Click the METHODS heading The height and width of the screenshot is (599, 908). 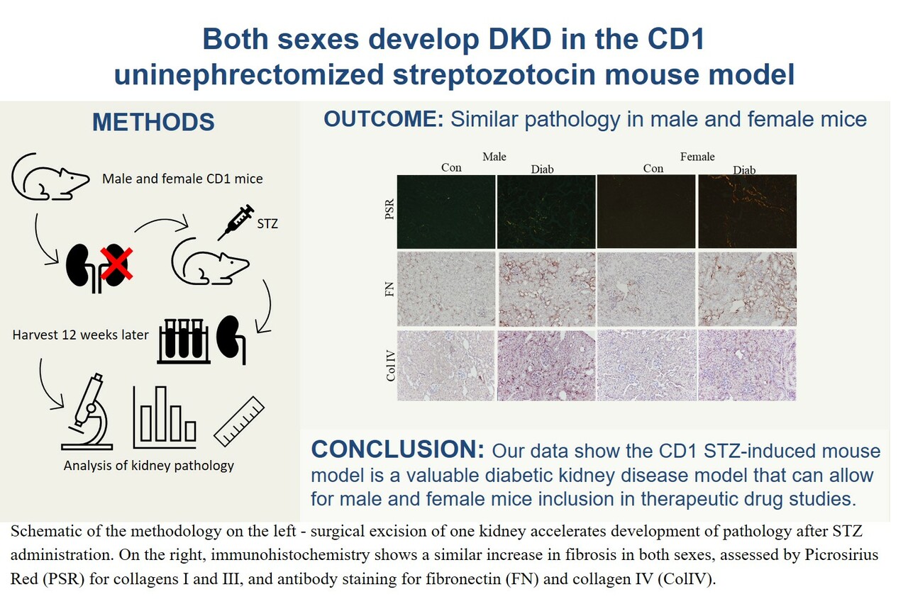tap(153, 122)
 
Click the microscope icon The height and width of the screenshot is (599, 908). tap(88, 414)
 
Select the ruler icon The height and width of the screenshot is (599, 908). tap(238, 421)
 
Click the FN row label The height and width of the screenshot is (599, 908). tap(387, 289)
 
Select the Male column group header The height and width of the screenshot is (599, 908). tap(494, 156)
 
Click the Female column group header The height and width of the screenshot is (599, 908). tap(697, 156)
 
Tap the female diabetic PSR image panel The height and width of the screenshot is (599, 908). tap(747, 211)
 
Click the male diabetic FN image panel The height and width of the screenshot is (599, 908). tap(546, 289)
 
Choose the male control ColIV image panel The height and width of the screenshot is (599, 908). tap(446, 364)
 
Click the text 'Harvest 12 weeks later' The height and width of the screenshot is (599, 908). tap(81, 335)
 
